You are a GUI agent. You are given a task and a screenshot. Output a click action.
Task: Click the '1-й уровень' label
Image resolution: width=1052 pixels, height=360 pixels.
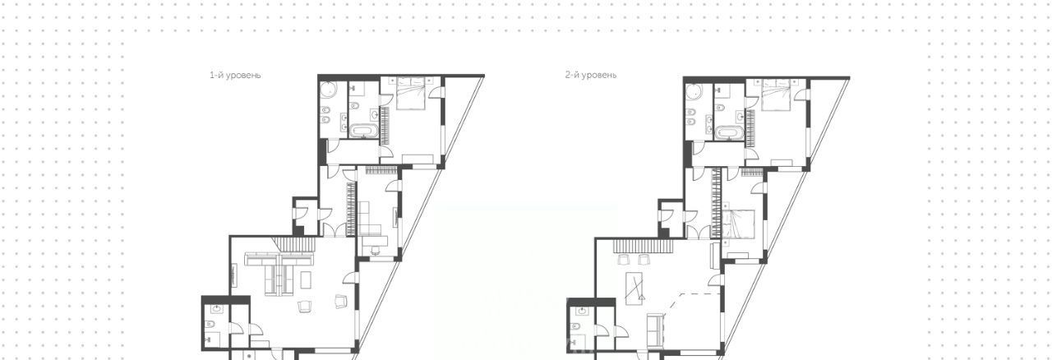235,75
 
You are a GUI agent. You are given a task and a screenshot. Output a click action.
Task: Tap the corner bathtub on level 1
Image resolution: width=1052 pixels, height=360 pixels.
328,90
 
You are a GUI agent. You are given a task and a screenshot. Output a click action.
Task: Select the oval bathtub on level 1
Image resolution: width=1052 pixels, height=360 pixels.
363,132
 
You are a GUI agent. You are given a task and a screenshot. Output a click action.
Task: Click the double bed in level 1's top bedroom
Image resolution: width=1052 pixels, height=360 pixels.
411,94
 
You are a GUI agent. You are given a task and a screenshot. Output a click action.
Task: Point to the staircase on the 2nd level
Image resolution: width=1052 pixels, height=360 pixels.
643,247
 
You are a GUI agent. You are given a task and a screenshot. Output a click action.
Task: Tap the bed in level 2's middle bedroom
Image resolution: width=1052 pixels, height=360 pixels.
739,224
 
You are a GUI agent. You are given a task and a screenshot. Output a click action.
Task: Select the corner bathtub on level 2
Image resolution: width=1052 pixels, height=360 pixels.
693,92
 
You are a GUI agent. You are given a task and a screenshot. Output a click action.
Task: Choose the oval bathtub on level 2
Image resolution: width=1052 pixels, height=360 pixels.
728,133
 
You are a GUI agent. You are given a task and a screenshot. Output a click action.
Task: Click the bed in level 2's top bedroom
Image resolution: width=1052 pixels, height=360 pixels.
777,95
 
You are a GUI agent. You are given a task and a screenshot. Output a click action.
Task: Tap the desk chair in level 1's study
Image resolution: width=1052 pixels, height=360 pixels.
376,250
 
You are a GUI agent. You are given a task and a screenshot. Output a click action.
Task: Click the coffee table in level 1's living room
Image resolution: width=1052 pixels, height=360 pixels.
306,280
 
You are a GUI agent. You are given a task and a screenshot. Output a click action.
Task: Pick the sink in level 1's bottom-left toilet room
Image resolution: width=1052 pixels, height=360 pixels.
216,309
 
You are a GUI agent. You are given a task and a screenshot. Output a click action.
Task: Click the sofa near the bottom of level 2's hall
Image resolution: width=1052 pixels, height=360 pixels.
653,330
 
